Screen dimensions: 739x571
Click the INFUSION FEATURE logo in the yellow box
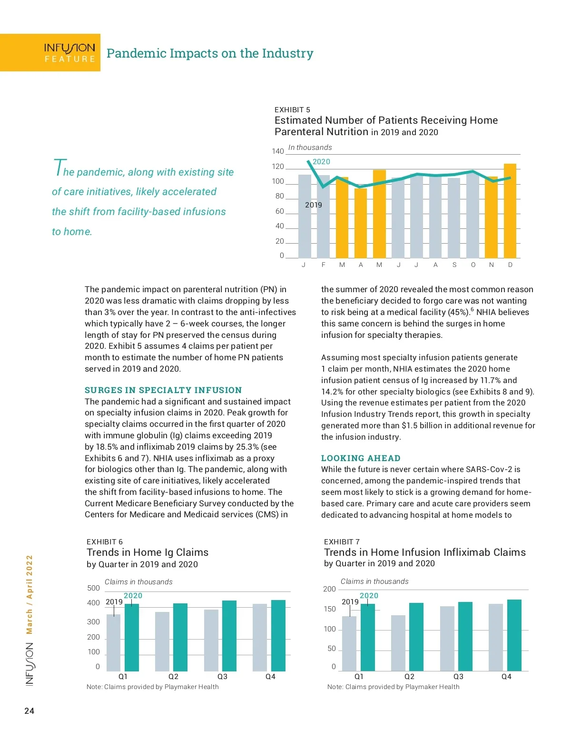[x=69, y=53]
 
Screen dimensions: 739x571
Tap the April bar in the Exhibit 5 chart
[x=361, y=223]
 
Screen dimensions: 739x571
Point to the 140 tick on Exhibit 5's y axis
[x=278, y=151]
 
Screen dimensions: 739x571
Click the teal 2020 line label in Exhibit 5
[x=321, y=162]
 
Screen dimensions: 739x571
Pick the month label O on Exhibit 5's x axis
[x=473, y=265]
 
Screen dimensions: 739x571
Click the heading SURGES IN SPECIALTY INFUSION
[x=163, y=390]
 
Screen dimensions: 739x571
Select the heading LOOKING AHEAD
[x=361, y=458]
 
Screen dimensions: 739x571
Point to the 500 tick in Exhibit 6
[x=94, y=588]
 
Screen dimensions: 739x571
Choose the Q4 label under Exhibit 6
[x=270, y=677]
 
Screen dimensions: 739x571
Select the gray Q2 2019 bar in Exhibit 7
[x=398, y=643]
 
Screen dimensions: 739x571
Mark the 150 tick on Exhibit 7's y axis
[x=330, y=609]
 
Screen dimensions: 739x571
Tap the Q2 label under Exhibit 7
[x=409, y=677]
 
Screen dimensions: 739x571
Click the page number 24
[x=30, y=711]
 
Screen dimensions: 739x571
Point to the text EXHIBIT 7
[x=342, y=542]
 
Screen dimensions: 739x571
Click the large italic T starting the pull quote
[x=58, y=168]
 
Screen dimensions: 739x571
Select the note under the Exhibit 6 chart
[x=153, y=687]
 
